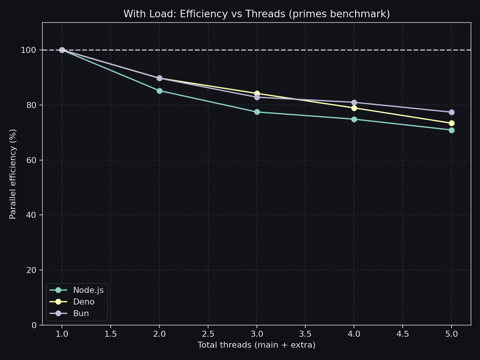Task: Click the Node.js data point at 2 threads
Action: point(159,91)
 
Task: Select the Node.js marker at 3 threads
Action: point(257,112)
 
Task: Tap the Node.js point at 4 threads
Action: point(354,119)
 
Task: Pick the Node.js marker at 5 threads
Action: point(451,130)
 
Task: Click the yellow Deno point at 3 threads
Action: point(257,93)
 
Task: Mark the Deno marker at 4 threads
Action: point(354,108)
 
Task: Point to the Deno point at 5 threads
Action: point(451,123)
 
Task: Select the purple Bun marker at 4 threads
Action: point(354,102)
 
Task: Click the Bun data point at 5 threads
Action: point(451,112)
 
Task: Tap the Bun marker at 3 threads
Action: point(257,97)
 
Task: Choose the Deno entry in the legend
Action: point(84,302)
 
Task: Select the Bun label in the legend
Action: point(81,313)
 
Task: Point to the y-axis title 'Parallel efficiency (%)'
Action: point(13,174)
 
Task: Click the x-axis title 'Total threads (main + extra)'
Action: point(256,345)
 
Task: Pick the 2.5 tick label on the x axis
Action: point(208,334)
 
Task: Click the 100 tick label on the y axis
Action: point(28,50)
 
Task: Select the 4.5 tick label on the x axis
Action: point(403,334)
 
